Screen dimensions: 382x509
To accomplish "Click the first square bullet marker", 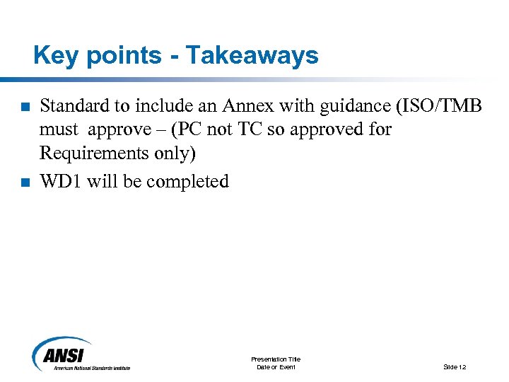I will (25, 108).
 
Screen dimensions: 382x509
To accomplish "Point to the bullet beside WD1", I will (25, 183).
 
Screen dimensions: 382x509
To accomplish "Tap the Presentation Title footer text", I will (276, 359).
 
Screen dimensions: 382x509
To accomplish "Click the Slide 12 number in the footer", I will (454, 367).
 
